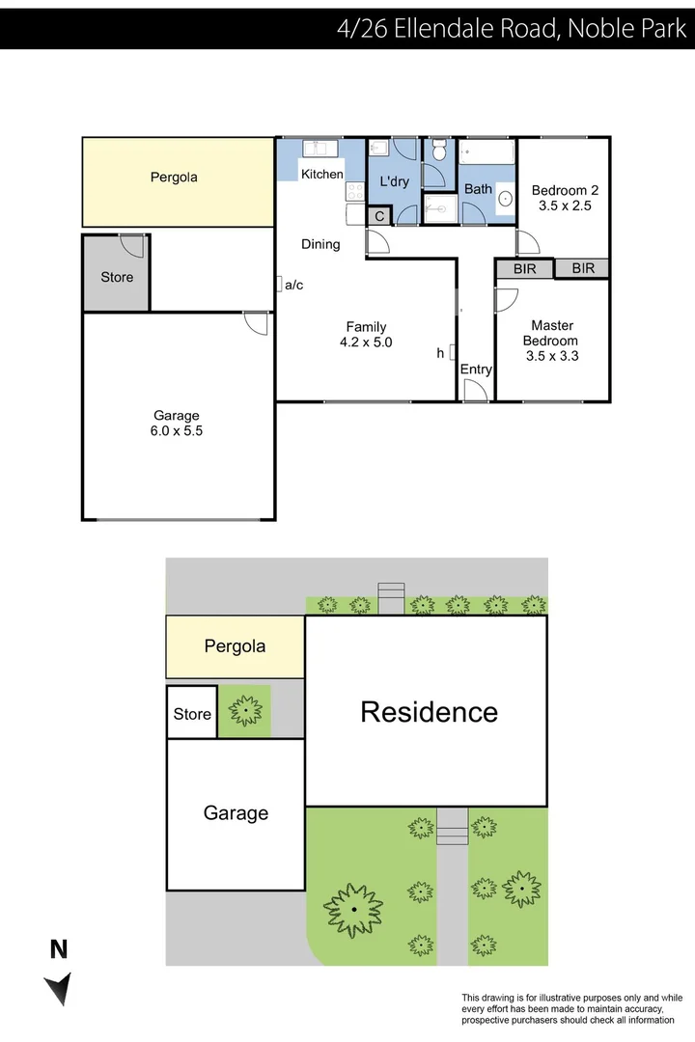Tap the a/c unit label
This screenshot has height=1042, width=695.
pyautogui.click(x=293, y=285)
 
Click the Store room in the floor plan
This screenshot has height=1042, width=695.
pyautogui.click(x=117, y=277)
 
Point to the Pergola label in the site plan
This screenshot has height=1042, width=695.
pyautogui.click(x=235, y=646)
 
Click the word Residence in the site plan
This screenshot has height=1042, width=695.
pyautogui.click(x=429, y=712)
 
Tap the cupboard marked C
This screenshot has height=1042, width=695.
pyautogui.click(x=379, y=217)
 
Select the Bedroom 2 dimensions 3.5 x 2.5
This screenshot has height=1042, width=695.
pyautogui.click(x=563, y=206)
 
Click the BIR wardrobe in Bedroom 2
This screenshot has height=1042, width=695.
pyautogui.click(x=582, y=268)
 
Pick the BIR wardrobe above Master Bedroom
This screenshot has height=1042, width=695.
pyautogui.click(x=524, y=269)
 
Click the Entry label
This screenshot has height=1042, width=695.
pyautogui.click(x=476, y=370)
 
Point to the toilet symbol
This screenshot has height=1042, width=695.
pyautogui.click(x=439, y=151)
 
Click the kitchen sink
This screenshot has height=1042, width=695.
pyautogui.click(x=317, y=149)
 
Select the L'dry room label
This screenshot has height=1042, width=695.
pyautogui.click(x=394, y=181)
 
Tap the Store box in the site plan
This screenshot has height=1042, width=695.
pyautogui.click(x=192, y=713)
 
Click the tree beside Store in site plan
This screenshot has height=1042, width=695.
pyautogui.click(x=245, y=711)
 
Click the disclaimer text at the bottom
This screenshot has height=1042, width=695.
pyautogui.click(x=571, y=1008)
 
